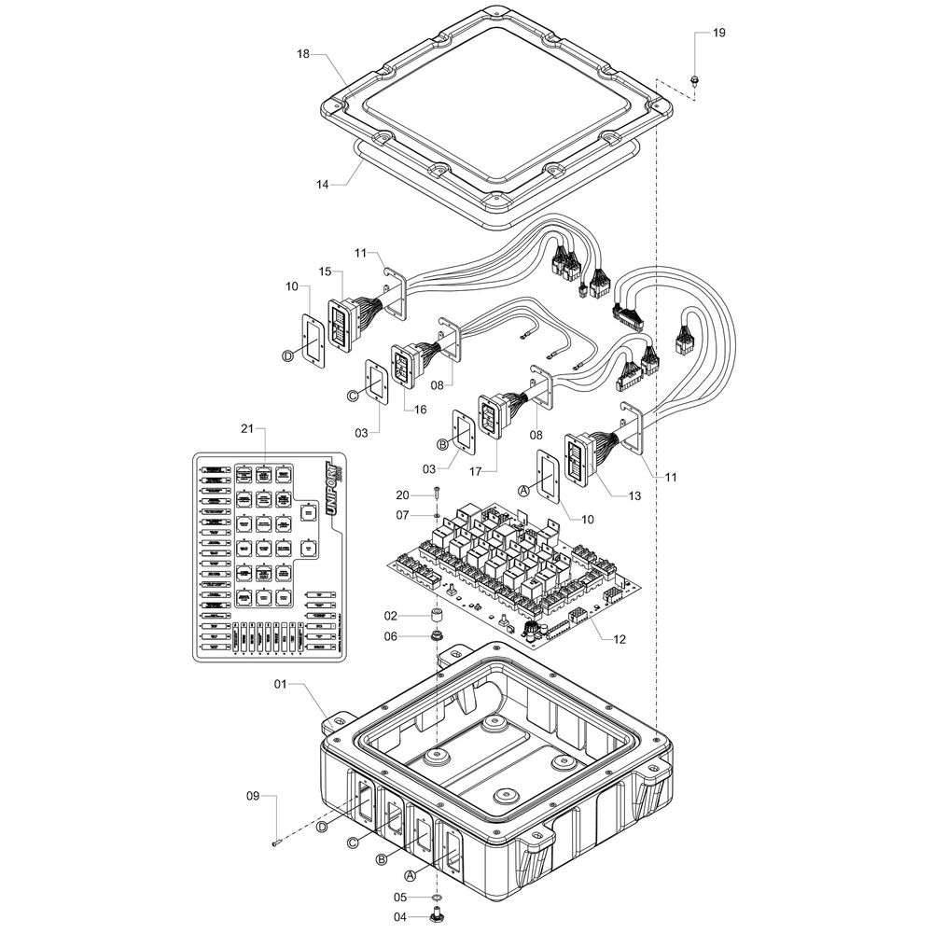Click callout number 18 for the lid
[x=302, y=55]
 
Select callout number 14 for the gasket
[x=323, y=185]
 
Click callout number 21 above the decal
[x=247, y=428]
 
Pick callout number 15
[x=325, y=272]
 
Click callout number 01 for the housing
[x=280, y=685]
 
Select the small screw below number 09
[x=277, y=843]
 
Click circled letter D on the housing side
[x=323, y=827]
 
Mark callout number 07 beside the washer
[x=402, y=514]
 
